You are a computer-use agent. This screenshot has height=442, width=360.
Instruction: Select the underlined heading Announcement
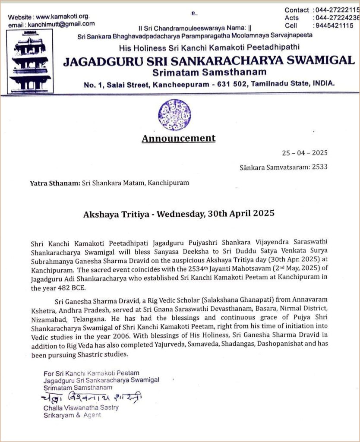click(178, 139)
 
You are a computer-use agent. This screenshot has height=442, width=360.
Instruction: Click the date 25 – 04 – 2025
click(305, 153)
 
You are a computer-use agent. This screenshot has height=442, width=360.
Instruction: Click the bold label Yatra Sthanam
click(55, 183)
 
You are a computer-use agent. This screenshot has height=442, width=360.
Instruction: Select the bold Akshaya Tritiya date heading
click(179, 213)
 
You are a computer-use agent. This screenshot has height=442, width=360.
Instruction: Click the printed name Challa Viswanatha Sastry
click(81, 407)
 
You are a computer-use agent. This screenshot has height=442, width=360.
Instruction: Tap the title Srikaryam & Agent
click(72, 415)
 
